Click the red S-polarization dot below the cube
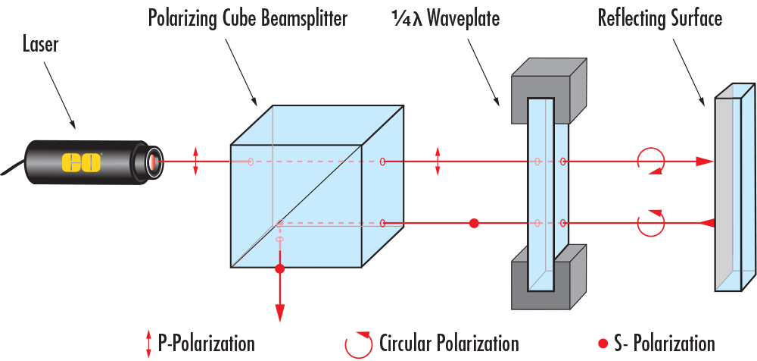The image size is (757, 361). pos(280,269)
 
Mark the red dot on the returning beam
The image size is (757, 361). pos(475,223)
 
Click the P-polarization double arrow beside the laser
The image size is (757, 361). pos(196,162)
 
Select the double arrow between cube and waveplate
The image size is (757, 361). pos(438,162)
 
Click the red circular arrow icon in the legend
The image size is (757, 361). pos(359,344)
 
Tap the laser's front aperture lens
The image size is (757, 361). pos(154,162)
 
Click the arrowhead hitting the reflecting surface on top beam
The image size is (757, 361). pos(704,162)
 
